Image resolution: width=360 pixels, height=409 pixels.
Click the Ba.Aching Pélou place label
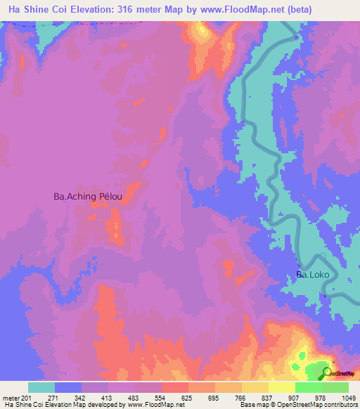click(x=88, y=197)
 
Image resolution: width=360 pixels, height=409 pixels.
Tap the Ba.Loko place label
click(x=312, y=275)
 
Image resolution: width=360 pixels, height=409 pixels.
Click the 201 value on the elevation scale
click(x=27, y=398)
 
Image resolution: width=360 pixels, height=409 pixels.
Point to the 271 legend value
click(x=68, y=398)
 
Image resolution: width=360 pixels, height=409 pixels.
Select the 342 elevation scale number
click(x=95, y=398)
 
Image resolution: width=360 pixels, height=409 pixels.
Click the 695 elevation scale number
click(x=229, y=398)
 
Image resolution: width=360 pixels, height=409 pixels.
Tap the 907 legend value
click(x=308, y=398)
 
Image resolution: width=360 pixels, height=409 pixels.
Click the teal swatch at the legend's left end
click(x=41, y=387)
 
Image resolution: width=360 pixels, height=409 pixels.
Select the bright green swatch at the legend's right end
click(x=335, y=387)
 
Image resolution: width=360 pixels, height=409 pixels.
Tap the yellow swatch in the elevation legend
click(x=281, y=387)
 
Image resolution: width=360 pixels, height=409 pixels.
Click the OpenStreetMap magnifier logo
click(x=327, y=372)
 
